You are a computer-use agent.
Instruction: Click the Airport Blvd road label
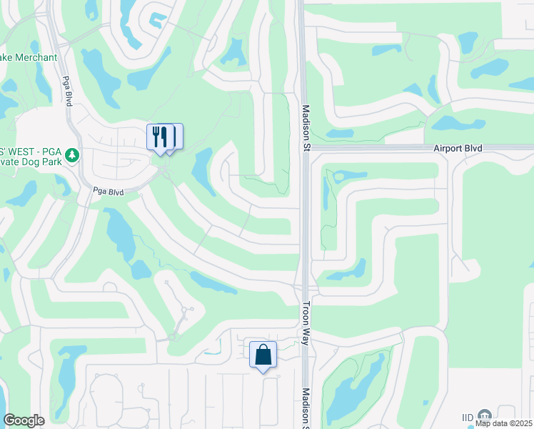(x=458, y=148)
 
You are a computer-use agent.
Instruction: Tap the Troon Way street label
(x=305, y=322)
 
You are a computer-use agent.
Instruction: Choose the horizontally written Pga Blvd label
(x=108, y=192)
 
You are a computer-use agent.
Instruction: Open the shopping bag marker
(x=263, y=354)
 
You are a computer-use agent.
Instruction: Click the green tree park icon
(x=71, y=154)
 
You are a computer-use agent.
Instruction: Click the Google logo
(x=24, y=420)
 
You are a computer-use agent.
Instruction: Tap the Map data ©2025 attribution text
(x=504, y=423)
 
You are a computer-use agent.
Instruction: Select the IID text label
(x=468, y=417)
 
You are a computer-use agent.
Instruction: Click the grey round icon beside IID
(x=485, y=415)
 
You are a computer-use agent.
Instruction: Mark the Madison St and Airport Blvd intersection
(x=305, y=149)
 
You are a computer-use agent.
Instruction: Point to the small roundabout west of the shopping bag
(x=173, y=337)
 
